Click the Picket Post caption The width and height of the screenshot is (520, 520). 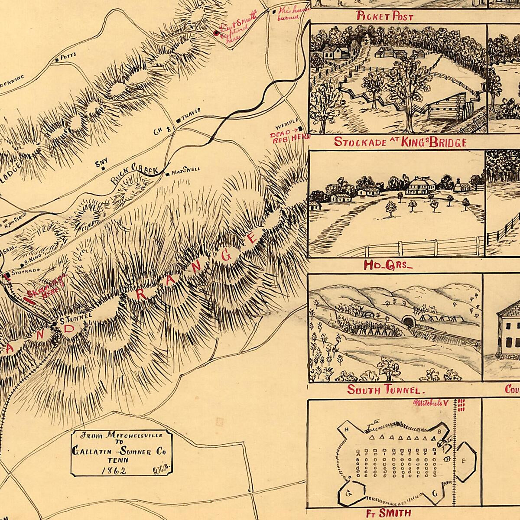coord(385,17)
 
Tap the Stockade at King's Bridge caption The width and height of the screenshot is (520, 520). coord(400,143)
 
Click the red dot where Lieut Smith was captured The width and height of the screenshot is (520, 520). coord(216,33)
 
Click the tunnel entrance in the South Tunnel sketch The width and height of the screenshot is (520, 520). coord(407,320)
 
